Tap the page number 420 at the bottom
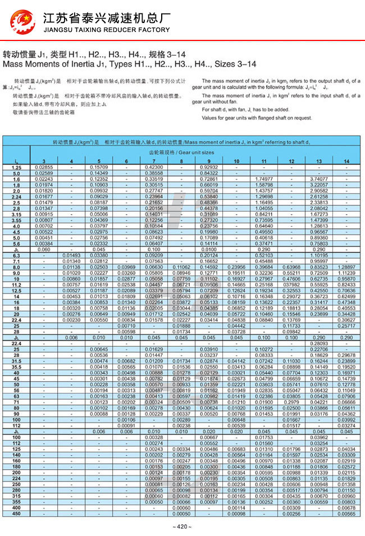click(182, 526)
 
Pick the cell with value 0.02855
click(44, 167)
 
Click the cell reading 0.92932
click(209, 167)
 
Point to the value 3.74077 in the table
click(319, 178)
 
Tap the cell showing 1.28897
click(346, 267)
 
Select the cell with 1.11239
click(346, 272)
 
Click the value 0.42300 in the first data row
click(154, 167)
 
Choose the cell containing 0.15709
click(99, 167)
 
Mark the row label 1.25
click(16, 167)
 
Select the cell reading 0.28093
click(319, 343)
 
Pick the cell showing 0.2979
click(291, 402)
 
